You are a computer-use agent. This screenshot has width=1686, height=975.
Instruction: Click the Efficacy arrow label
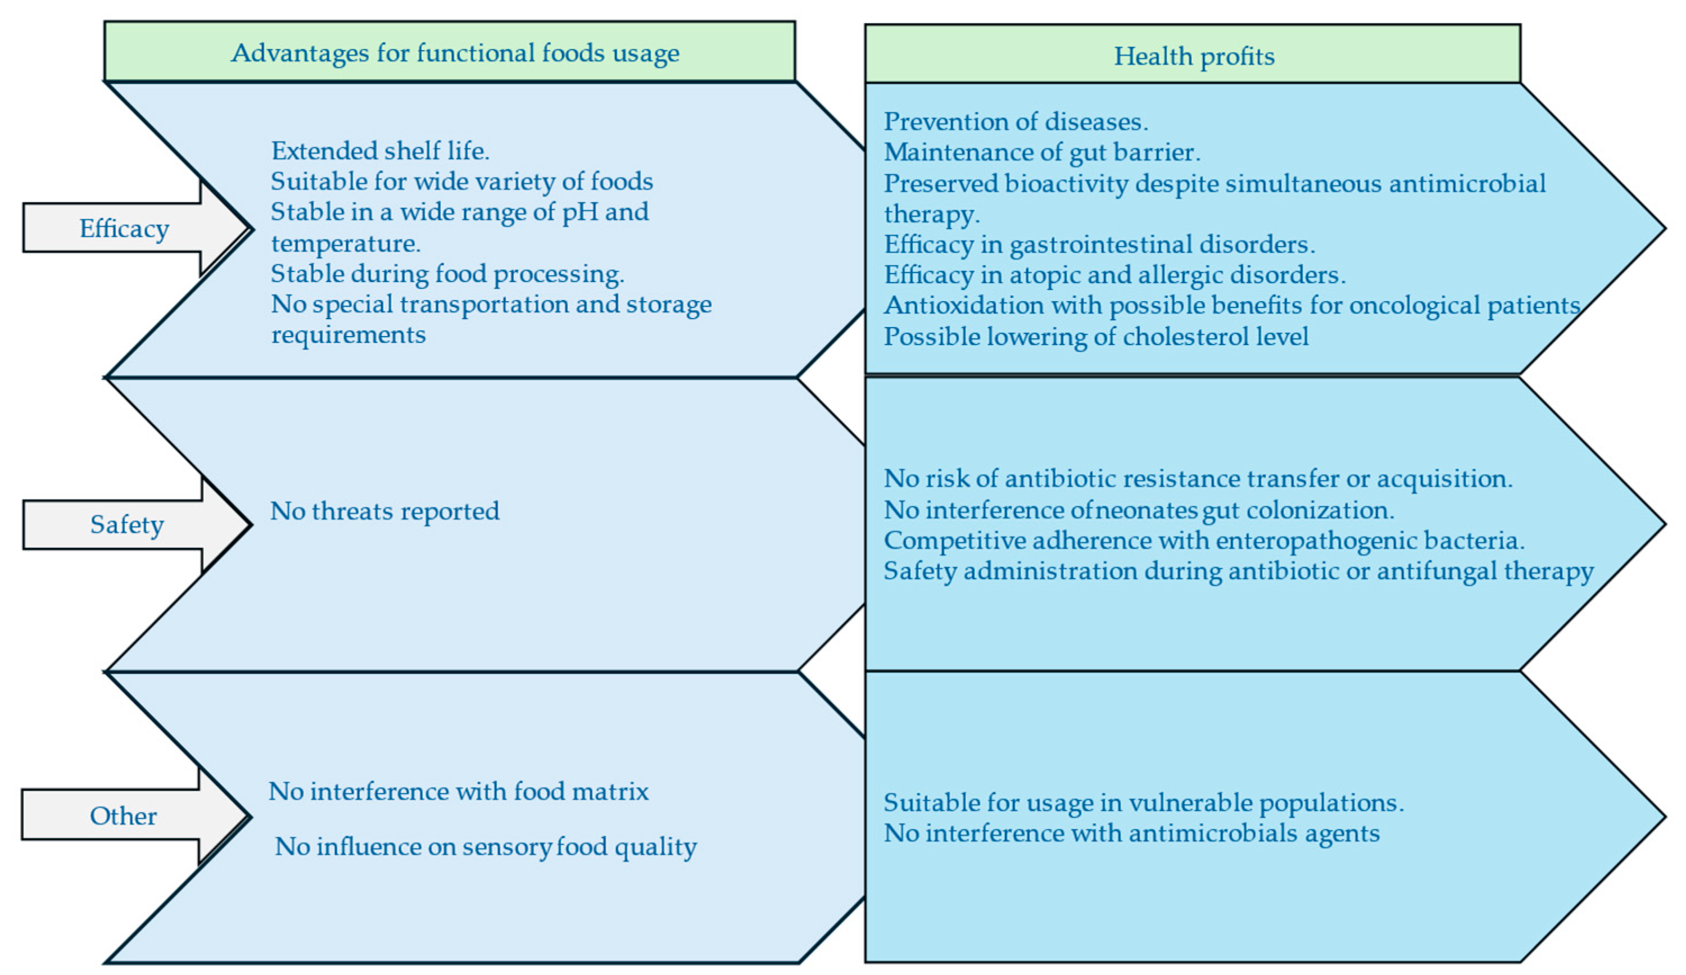(x=124, y=228)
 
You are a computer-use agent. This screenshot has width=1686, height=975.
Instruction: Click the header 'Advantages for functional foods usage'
(x=455, y=53)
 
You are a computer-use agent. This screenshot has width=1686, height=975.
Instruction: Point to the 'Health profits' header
(x=1194, y=56)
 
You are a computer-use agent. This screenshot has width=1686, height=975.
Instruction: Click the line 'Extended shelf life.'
(x=380, y=151)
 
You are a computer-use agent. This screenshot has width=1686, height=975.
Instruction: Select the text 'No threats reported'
(x=385, y=511)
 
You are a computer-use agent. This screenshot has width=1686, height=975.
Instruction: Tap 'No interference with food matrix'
(x=458, y=791)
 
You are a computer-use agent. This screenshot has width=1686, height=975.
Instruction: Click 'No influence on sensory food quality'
(x=486, y=846)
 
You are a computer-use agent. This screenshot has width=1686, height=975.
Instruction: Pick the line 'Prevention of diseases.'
(x=1016, y=122)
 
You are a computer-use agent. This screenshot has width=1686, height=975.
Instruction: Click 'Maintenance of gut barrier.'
(x=1042, y=153)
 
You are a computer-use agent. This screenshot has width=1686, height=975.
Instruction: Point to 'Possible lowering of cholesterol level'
(x=1096, y=336)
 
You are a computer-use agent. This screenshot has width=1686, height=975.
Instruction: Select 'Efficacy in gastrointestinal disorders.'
(x=1099, y=244)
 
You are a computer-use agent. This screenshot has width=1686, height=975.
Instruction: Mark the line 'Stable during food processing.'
(x=447, y=274)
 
